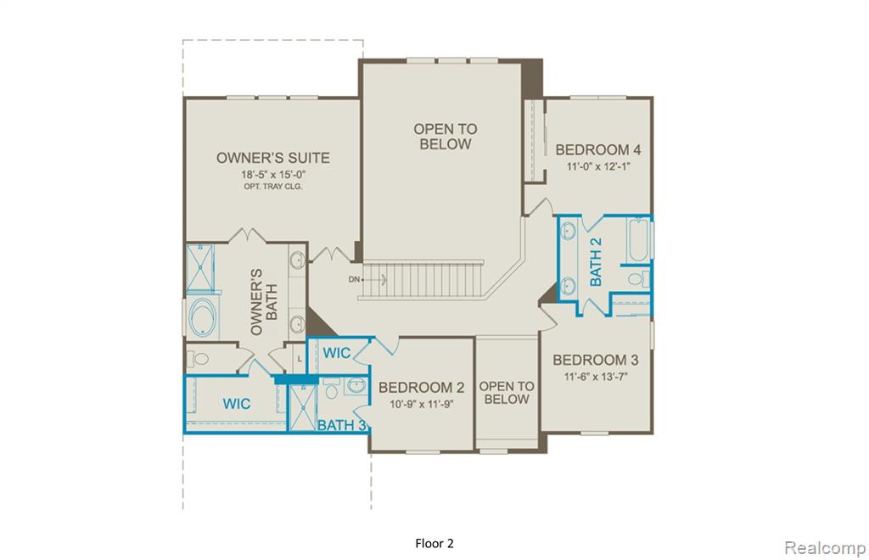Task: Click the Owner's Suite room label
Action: [x=272, y=158]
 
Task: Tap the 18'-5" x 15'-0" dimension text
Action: [x=273, y=175]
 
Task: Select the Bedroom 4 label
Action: [x=598, y=149]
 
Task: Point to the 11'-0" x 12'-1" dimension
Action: [x=598, y=166]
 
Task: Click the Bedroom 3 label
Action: [x=595, y=360]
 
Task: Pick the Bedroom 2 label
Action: [x=421, y=388]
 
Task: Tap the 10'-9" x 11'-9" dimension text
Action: [x=421, y=405]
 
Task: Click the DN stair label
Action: [x=354, y=279]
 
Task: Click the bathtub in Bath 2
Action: [x=638, y=239]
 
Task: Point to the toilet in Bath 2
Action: [x=639, y=278]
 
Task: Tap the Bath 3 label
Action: [x=342, y=425]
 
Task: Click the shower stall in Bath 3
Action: [x=303, y=407]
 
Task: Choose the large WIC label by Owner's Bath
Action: [x=237, y=404]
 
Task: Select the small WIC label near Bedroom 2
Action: [x=336, y=353]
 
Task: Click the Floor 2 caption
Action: [x=434, y=544]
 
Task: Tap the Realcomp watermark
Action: [x=825, y=548]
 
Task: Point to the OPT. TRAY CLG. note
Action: [x=273, y=187]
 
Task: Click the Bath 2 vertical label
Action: [x=596, y=261]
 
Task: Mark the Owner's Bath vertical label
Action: [x=264, y=302]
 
